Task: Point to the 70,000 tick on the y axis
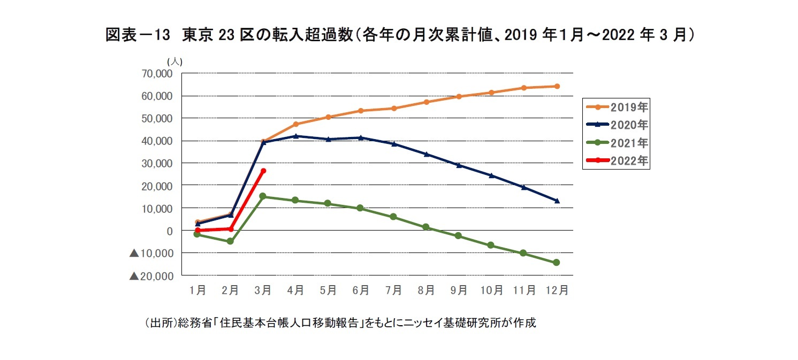click(x=156, y=73)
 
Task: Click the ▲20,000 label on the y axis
click(x=151, y=275)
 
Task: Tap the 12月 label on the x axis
click(x=557, y=290)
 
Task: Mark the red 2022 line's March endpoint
click(x=263, y=171)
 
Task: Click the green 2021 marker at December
click(x=557, y=263)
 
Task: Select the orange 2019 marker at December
click(x=557, y=86)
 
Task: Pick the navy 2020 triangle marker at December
click(x=557, y=201)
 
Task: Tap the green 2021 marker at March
click(x=263, y=196)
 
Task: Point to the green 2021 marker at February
click(x=230, y=241)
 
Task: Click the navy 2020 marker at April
click(x=295, y=136)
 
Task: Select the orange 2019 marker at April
click(x=295, y=124)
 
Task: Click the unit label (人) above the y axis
click(x=175, y=62)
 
